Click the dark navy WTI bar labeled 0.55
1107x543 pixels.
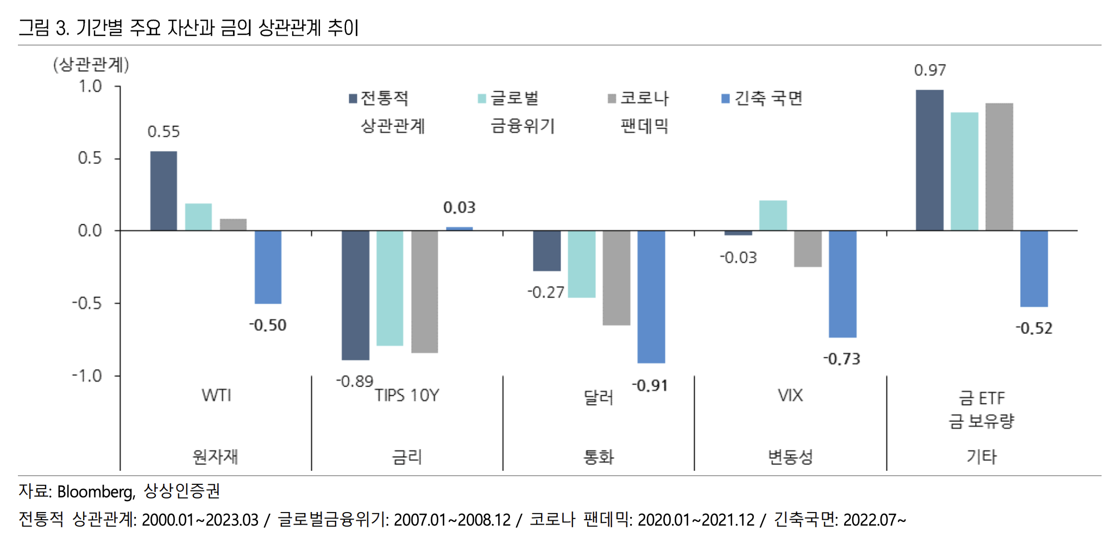(x=163, y=191)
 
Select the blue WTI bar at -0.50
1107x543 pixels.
(x=268, y=267)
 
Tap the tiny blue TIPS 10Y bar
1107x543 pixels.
(x=460, y=229)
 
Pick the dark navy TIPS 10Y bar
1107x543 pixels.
(x=355, y=295)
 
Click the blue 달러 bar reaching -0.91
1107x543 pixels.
(x=651, y=296)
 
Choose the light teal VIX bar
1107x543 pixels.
(x=773, y=216)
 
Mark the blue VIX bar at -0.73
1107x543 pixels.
(x=842, y=283)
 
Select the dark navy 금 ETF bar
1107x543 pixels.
(x=929, y=160)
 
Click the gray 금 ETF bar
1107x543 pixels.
(x=999, y=167)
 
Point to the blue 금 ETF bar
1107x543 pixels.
(x=1034, y=268)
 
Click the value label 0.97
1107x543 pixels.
(x=929, y=70)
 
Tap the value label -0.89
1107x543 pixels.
(x=354, y=381)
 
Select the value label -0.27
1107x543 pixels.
(x=545, y=293)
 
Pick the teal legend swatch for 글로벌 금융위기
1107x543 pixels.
(x=482, y=98)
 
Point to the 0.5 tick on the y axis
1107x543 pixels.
(x=90, y=158)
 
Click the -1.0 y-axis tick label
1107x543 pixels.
(x=87, y=376)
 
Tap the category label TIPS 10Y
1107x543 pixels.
(x=407, y=395)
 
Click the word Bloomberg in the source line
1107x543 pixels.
(x=96, y=491)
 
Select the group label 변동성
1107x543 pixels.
(x=790, y=457)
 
